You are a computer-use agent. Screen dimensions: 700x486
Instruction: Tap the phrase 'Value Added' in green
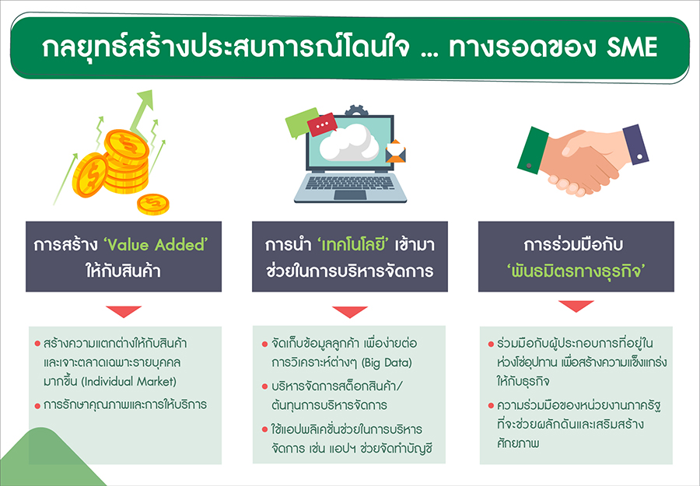click(156, 245)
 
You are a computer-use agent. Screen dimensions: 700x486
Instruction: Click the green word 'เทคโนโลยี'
click(354, 245)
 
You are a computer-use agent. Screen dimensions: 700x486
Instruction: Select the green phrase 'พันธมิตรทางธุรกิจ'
click(576, 271)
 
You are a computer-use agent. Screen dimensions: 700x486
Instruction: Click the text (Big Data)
click(386, 362)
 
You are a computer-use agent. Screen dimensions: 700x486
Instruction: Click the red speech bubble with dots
click(322, 125)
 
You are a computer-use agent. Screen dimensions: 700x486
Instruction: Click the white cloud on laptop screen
click(349, 142)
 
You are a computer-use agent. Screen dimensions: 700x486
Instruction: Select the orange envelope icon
click(396, 152)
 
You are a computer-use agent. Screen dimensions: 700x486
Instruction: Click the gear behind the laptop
click(356, 110)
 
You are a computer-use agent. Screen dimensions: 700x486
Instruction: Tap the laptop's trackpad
click(351, 194)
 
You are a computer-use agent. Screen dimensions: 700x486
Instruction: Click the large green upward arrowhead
click(146, 99)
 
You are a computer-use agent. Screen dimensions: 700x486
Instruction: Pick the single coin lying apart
click(153, 205)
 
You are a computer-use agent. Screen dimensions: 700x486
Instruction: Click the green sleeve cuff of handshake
click(533, 150)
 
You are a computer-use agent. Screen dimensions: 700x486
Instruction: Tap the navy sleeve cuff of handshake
click(635, 145)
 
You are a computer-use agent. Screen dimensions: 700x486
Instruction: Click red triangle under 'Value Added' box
click(124, 312)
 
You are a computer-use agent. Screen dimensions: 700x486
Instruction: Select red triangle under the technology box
click(350, 312)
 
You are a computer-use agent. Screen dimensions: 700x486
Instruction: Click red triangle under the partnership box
click(576, 306)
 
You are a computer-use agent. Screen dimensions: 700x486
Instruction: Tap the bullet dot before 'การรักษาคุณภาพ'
click(37, 406)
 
